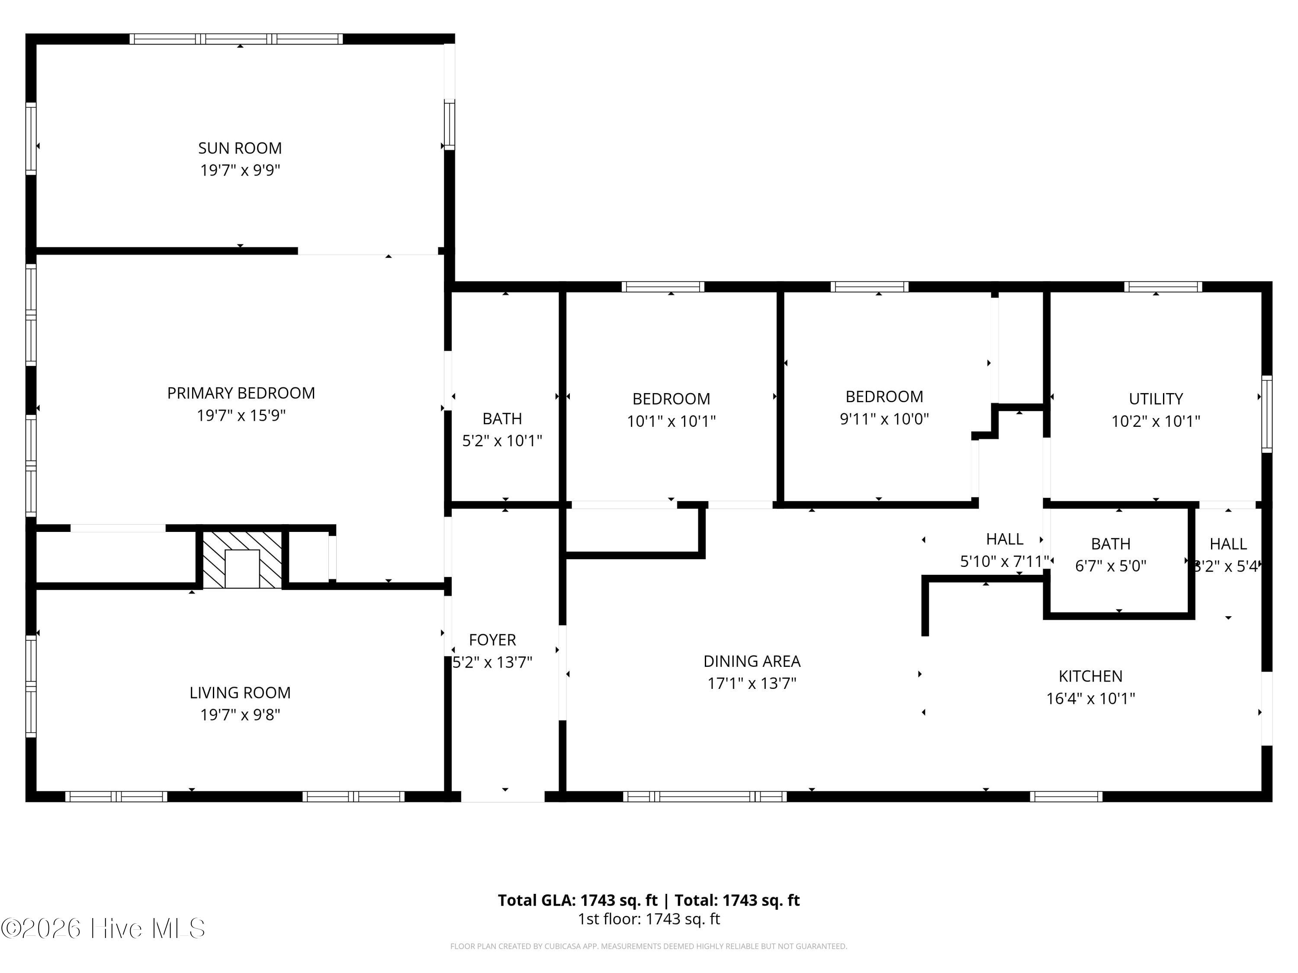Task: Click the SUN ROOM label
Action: [240, 148]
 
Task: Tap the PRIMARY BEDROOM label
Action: [241, 393]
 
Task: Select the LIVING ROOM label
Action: [240, 693]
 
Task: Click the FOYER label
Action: [492, 640]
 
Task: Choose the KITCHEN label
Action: [1090, 676]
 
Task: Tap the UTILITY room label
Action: [1155, 399]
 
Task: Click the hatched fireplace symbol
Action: [242, 560]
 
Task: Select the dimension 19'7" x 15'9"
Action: [241, 415]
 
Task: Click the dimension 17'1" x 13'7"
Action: [752, 683]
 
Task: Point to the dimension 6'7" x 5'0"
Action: [1110, 566]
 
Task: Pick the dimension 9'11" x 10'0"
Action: [884, 419]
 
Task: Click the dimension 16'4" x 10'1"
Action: [1090, 698]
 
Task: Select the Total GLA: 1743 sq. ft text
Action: [578, 900]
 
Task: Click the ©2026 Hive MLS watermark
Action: [103, 928]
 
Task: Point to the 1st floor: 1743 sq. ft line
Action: [649, 919]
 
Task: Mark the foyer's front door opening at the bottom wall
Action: [503, 797]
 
